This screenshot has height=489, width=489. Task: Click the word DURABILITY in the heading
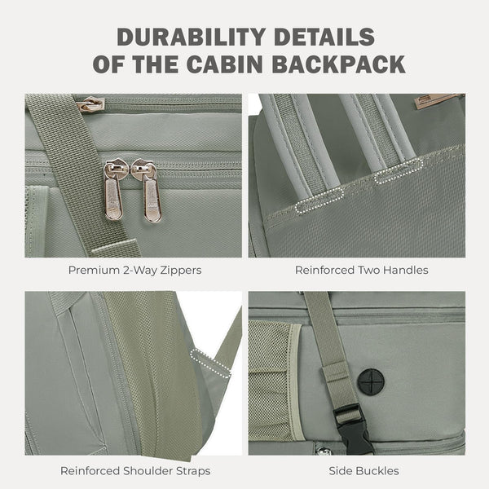(x=192, y=37)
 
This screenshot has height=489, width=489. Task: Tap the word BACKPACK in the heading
(x=338, y=64)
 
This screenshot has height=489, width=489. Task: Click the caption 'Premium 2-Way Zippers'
(x=134, y=270)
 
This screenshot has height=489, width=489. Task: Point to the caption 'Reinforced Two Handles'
(x=361, y=270)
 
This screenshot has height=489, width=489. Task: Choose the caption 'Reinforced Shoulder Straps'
(x=135, y=471)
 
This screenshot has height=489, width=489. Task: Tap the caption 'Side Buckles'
(x=363, y=471)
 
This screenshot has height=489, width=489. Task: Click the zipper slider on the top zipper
(x=90, y=104)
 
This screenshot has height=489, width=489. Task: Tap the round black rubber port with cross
(x=370, y=381)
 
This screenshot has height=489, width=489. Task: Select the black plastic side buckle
(x=353, y=430)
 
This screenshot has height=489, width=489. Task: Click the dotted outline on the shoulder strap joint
(x=210, y=363)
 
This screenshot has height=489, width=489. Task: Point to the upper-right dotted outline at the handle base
(x=399, y=171)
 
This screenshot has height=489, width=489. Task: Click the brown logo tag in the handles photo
(x=438, y=100)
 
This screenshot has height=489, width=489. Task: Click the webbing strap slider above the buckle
(x=337, y=373)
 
